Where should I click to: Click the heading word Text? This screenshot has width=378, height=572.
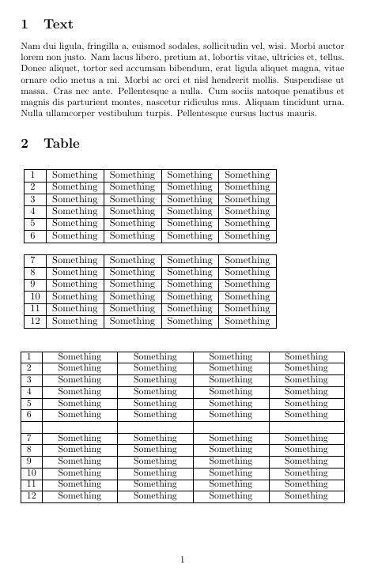point(59,24)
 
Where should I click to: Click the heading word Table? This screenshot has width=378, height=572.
point(62,144)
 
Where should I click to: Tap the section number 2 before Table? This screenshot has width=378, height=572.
point(25,144)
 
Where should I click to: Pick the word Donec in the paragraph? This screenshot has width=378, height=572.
point(35,69)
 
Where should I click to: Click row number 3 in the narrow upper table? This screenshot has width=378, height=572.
point(33,199)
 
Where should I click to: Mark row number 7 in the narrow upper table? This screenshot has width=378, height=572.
point(33,260)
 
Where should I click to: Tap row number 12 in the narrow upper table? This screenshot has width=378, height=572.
point(33,321)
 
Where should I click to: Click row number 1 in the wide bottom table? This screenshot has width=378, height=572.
point(29,356)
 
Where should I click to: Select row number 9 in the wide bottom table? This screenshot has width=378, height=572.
point(29,460)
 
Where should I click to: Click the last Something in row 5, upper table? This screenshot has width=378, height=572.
point(248,224)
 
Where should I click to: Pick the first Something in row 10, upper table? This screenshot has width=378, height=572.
point(75,296)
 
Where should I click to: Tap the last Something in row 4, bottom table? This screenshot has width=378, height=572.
point(306,391)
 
